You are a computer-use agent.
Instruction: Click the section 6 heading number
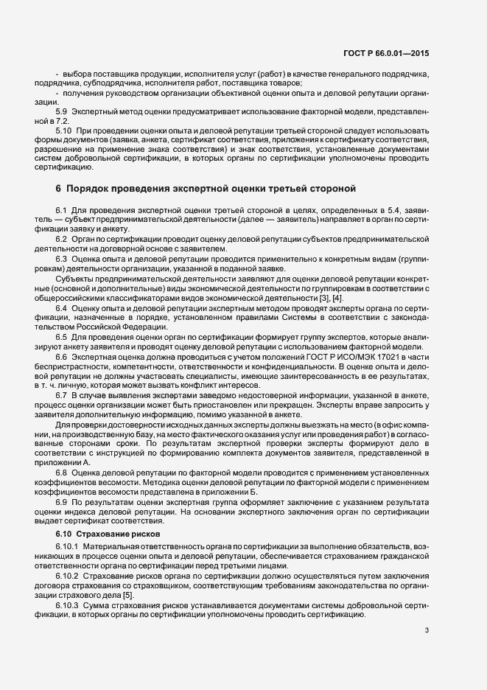click(59, 188)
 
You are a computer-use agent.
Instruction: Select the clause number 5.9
click(62, 111)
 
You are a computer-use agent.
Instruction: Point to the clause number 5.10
click(64, 130)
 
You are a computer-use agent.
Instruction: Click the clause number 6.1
click(62, 212)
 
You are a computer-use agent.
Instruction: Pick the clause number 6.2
click(62, 240)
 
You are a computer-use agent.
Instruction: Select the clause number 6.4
click(62, 307)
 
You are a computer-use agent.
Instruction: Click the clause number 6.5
click(62, 336)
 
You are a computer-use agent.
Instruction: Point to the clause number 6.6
click(62, 356)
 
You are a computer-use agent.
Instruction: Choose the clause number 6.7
click(62, 395)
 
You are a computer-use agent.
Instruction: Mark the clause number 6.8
click(62, 472)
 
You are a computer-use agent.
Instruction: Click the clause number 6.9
click(62, 501)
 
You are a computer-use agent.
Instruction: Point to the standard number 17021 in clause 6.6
click(343, 356)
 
